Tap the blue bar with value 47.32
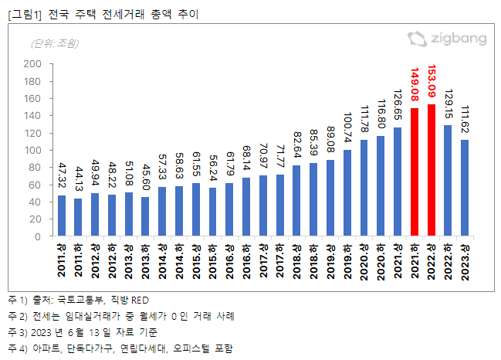click(x=62, y=216)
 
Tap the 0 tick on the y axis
click(x=37, y=236)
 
